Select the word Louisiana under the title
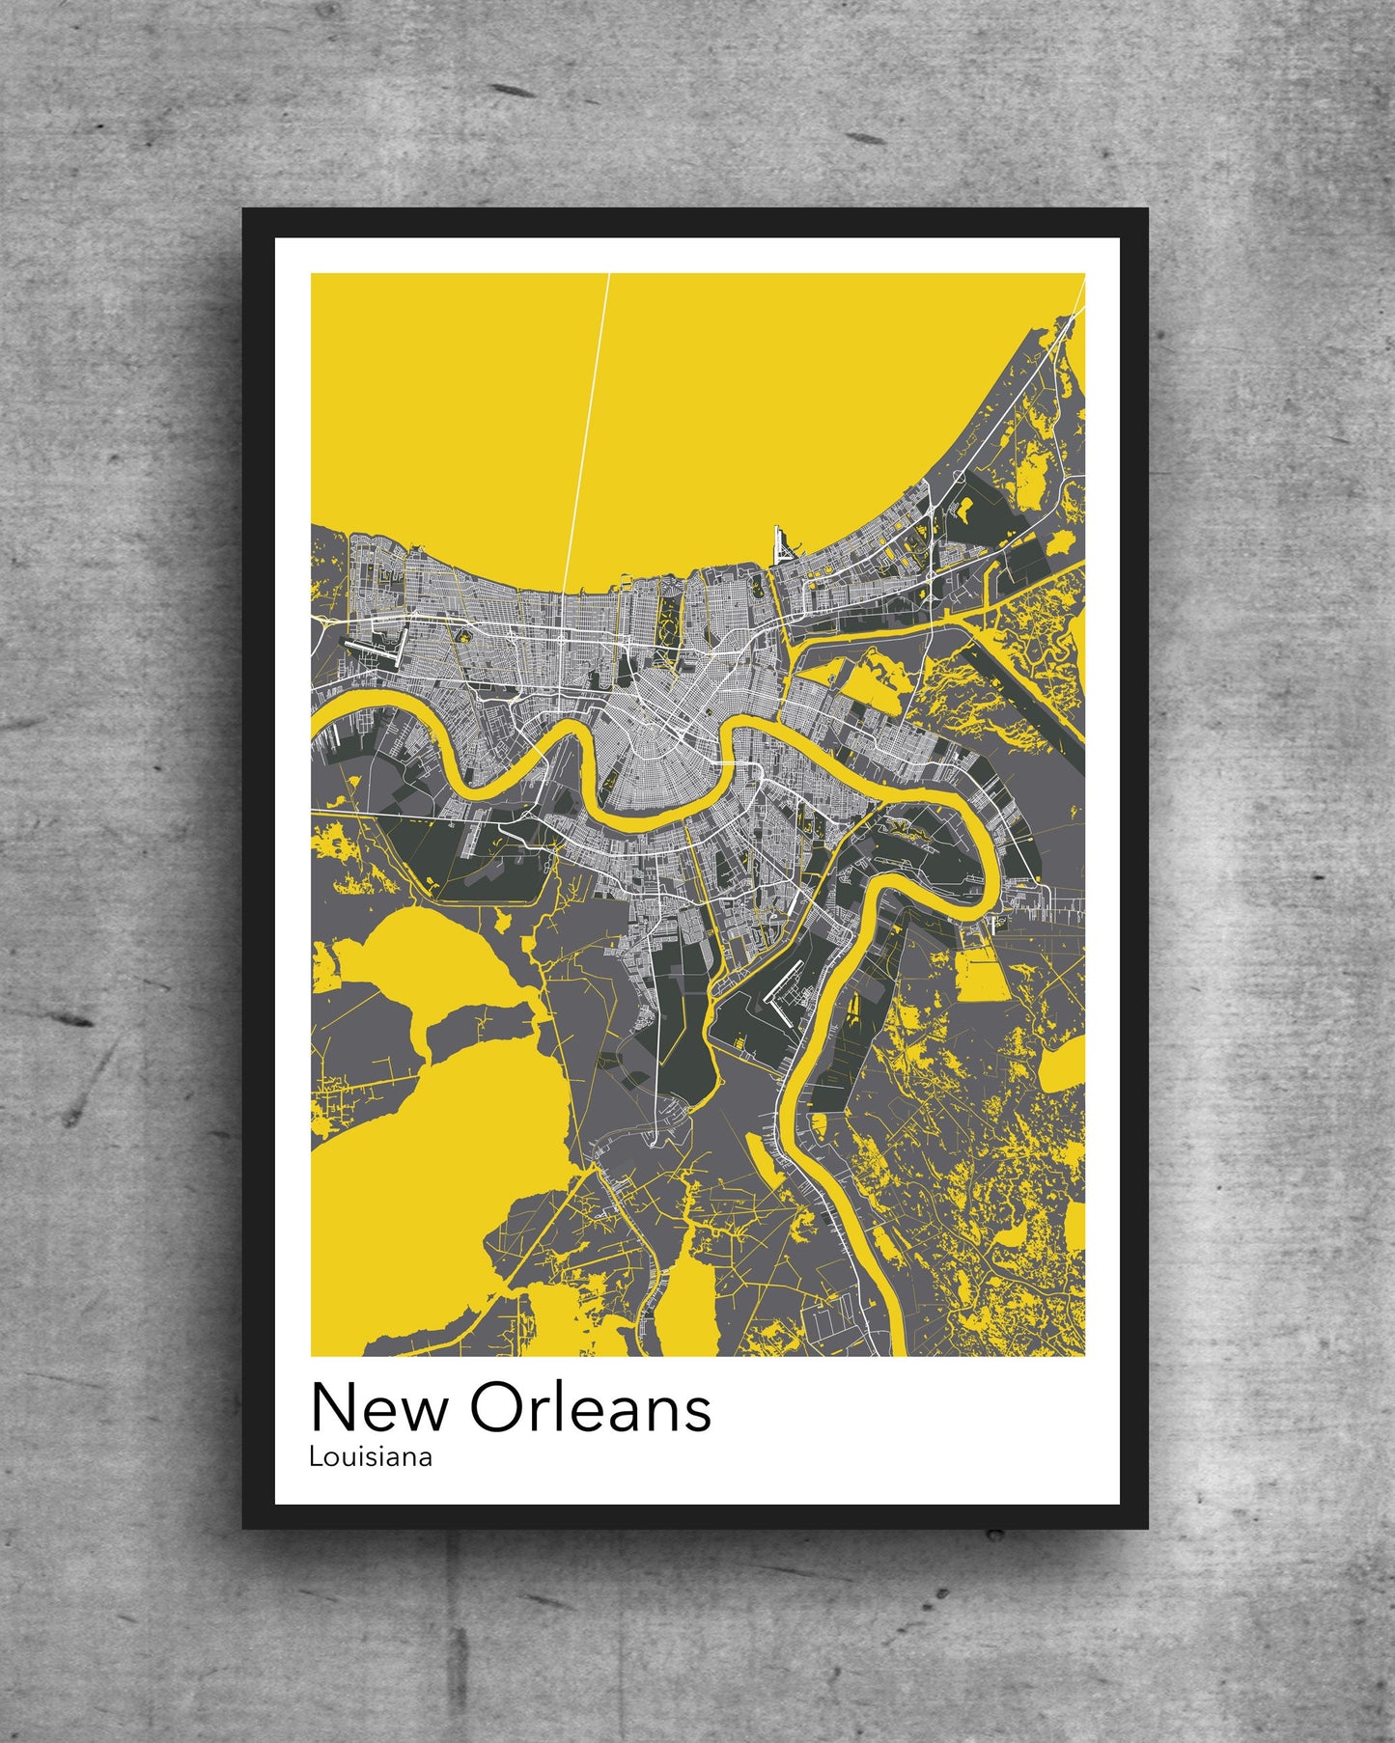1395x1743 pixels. tap(370, 1456)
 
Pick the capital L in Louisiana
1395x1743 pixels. tap(314, 1456)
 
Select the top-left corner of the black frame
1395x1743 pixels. tap(245, 211)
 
